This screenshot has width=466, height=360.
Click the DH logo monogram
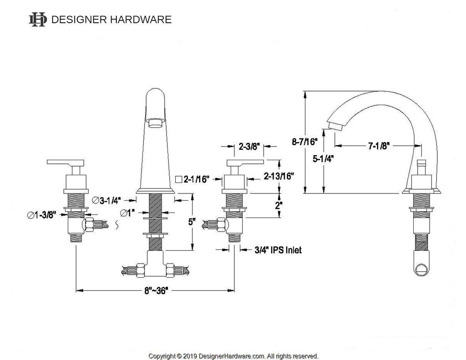[38, 20]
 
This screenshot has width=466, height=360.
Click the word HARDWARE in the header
[141, 20]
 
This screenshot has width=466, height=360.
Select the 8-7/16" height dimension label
[304, 142]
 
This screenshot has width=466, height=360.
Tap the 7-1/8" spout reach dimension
[379, 146]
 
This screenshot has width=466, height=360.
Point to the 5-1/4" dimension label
[323, 159]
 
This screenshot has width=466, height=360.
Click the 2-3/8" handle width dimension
[249, 146]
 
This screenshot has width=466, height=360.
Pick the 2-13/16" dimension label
[279, 176]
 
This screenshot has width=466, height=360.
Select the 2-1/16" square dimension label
[192, 179]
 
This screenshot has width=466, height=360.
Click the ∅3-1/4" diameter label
[106, 201]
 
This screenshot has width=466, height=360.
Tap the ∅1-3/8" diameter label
[41, 215]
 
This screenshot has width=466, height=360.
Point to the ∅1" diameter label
[127, 213]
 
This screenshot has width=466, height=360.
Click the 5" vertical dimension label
[192, 222]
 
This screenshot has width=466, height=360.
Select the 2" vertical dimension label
[279, 205]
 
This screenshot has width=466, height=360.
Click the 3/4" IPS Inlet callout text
[278, 250]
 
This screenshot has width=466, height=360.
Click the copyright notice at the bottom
[233, 356]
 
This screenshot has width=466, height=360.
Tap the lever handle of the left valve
[66, 162]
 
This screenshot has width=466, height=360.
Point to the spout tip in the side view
[335, 126]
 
